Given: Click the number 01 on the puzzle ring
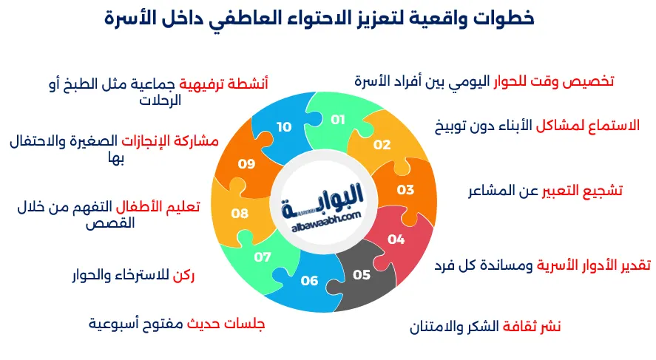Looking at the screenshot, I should pyautogui.click(x=338, y=119).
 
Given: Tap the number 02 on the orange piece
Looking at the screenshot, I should pyautogui.click(x=382, y=145).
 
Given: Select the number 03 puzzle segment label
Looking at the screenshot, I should pyautogui.click(x=405, y=190).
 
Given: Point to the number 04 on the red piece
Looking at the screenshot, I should pyautogui.click(x=396, y=239).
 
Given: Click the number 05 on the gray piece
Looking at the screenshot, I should pyautogui.click(x=361, y=275).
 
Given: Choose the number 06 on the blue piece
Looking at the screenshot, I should pyautogui.click(x=309, y=280).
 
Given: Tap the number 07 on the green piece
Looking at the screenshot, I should pyautogui.click(x=263, y=257).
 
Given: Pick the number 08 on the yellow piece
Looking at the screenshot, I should pyautogui.click(x=240, y=214).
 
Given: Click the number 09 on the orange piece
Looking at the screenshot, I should pyautogui.click(x=246, y=163).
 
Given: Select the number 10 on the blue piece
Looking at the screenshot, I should pyautogui.click(x=285, y=126).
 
